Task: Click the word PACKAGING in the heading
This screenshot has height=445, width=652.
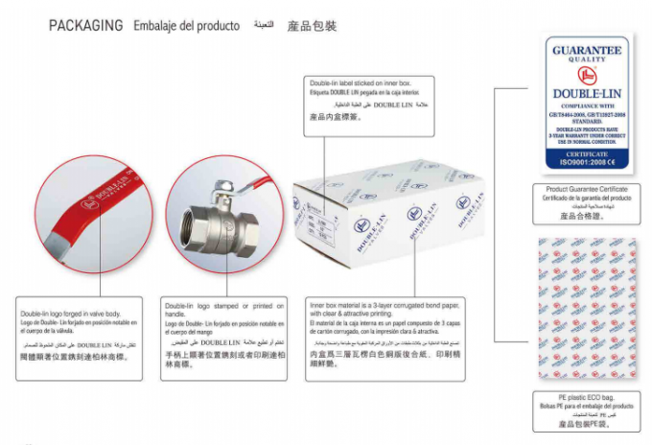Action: tap(85, 26)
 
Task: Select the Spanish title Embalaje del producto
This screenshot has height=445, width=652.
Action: tap(186, 26)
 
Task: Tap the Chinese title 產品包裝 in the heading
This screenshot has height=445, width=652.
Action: tap(312, 26)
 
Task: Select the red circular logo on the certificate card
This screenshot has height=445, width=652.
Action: tap(586, 77)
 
